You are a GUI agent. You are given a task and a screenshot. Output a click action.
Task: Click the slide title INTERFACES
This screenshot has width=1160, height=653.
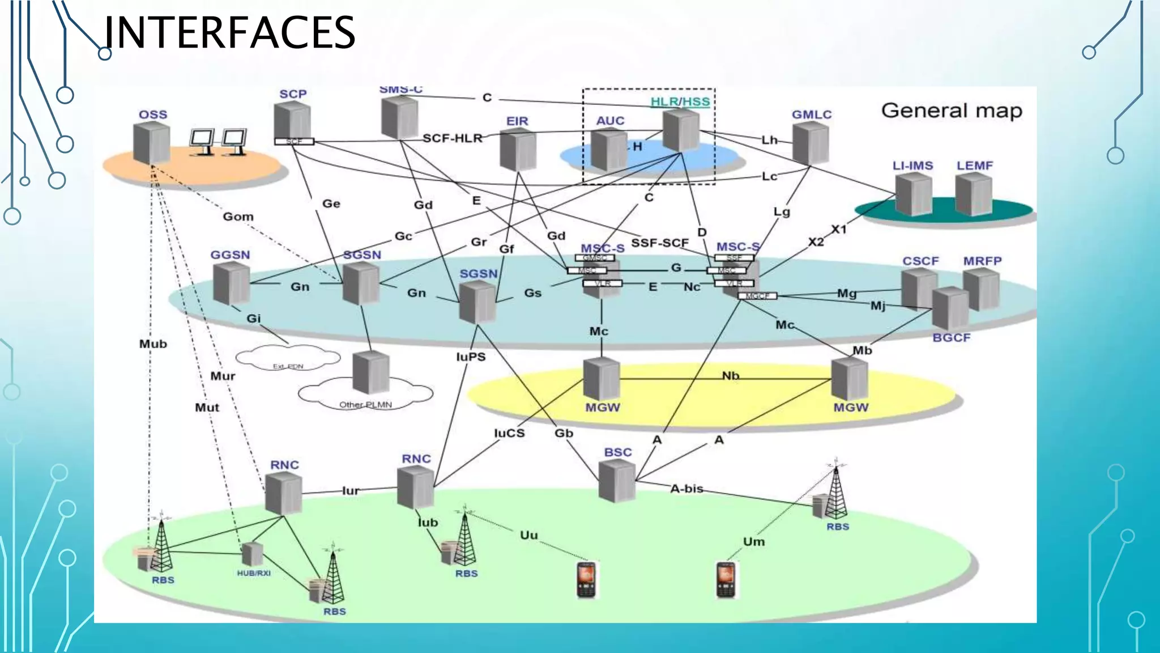pos(229,33)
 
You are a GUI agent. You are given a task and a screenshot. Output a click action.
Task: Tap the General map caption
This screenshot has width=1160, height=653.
pos(952,111)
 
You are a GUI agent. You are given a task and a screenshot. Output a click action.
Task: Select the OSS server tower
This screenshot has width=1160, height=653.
pos(151,143)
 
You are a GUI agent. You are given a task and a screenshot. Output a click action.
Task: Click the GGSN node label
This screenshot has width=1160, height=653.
pos(230,255)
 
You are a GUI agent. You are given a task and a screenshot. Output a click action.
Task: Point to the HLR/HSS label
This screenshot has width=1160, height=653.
pos(680,102)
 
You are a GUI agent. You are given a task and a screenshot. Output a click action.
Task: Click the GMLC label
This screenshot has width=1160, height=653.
pos(811,115)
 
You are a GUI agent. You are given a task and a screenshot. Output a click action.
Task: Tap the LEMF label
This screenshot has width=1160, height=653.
pos(974,166)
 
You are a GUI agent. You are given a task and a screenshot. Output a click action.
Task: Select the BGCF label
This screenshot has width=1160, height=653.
pos(951,338)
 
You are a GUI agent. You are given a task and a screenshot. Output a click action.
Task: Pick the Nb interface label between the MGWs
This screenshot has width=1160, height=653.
pos(730,376)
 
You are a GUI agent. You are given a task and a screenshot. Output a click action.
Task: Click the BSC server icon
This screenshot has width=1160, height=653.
pos(617,481)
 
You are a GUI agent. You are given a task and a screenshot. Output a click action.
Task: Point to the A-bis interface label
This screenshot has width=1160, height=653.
pos(686,489)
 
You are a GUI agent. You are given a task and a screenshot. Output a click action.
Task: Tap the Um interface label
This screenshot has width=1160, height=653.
pos(753,542)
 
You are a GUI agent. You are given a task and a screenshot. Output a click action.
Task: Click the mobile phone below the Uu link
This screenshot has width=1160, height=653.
pos(586,579)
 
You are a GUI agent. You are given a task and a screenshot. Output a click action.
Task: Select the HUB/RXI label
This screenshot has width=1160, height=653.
pos(254,573)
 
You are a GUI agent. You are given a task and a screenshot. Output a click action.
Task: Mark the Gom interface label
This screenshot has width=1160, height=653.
pos(238,217)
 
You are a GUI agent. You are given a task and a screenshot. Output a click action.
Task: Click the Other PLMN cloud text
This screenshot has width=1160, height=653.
pos(365,405)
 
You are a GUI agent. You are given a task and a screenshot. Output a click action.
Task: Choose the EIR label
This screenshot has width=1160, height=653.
pos(517,121)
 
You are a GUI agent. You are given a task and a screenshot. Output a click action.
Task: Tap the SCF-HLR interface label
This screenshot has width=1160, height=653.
pos(452,138)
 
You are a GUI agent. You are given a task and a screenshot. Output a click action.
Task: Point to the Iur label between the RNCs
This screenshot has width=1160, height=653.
pos(350,491)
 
